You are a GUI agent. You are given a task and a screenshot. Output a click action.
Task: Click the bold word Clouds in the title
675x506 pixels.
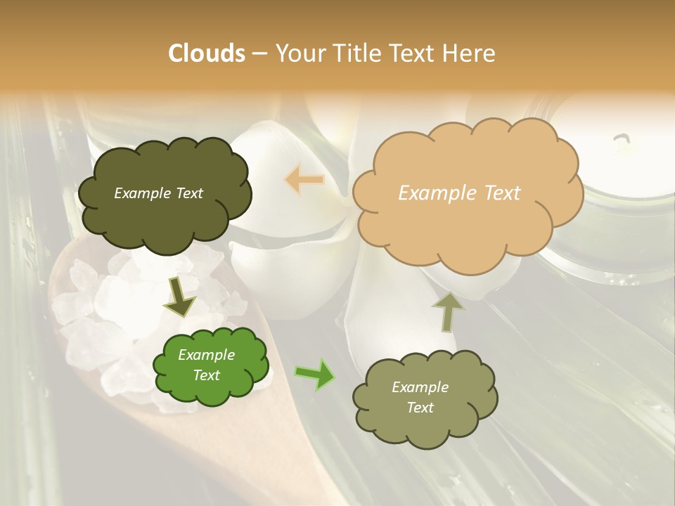[207, 53]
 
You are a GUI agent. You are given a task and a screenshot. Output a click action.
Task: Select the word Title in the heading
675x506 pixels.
[356, 53]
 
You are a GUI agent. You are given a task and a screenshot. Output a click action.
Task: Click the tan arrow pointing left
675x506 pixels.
[304, 180]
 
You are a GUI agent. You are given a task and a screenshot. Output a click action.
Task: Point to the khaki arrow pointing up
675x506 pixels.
[446, 311]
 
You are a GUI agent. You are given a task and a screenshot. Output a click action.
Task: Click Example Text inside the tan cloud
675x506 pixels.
[459, 193]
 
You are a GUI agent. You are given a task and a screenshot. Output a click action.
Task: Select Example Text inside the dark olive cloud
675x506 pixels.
[158, 193]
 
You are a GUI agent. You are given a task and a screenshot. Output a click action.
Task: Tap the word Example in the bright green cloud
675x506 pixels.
[206, 355]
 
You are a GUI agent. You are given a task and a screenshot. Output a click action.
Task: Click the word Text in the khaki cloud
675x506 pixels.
[420, 408]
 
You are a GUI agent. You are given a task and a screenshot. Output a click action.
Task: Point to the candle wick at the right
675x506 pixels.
[622, 143]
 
